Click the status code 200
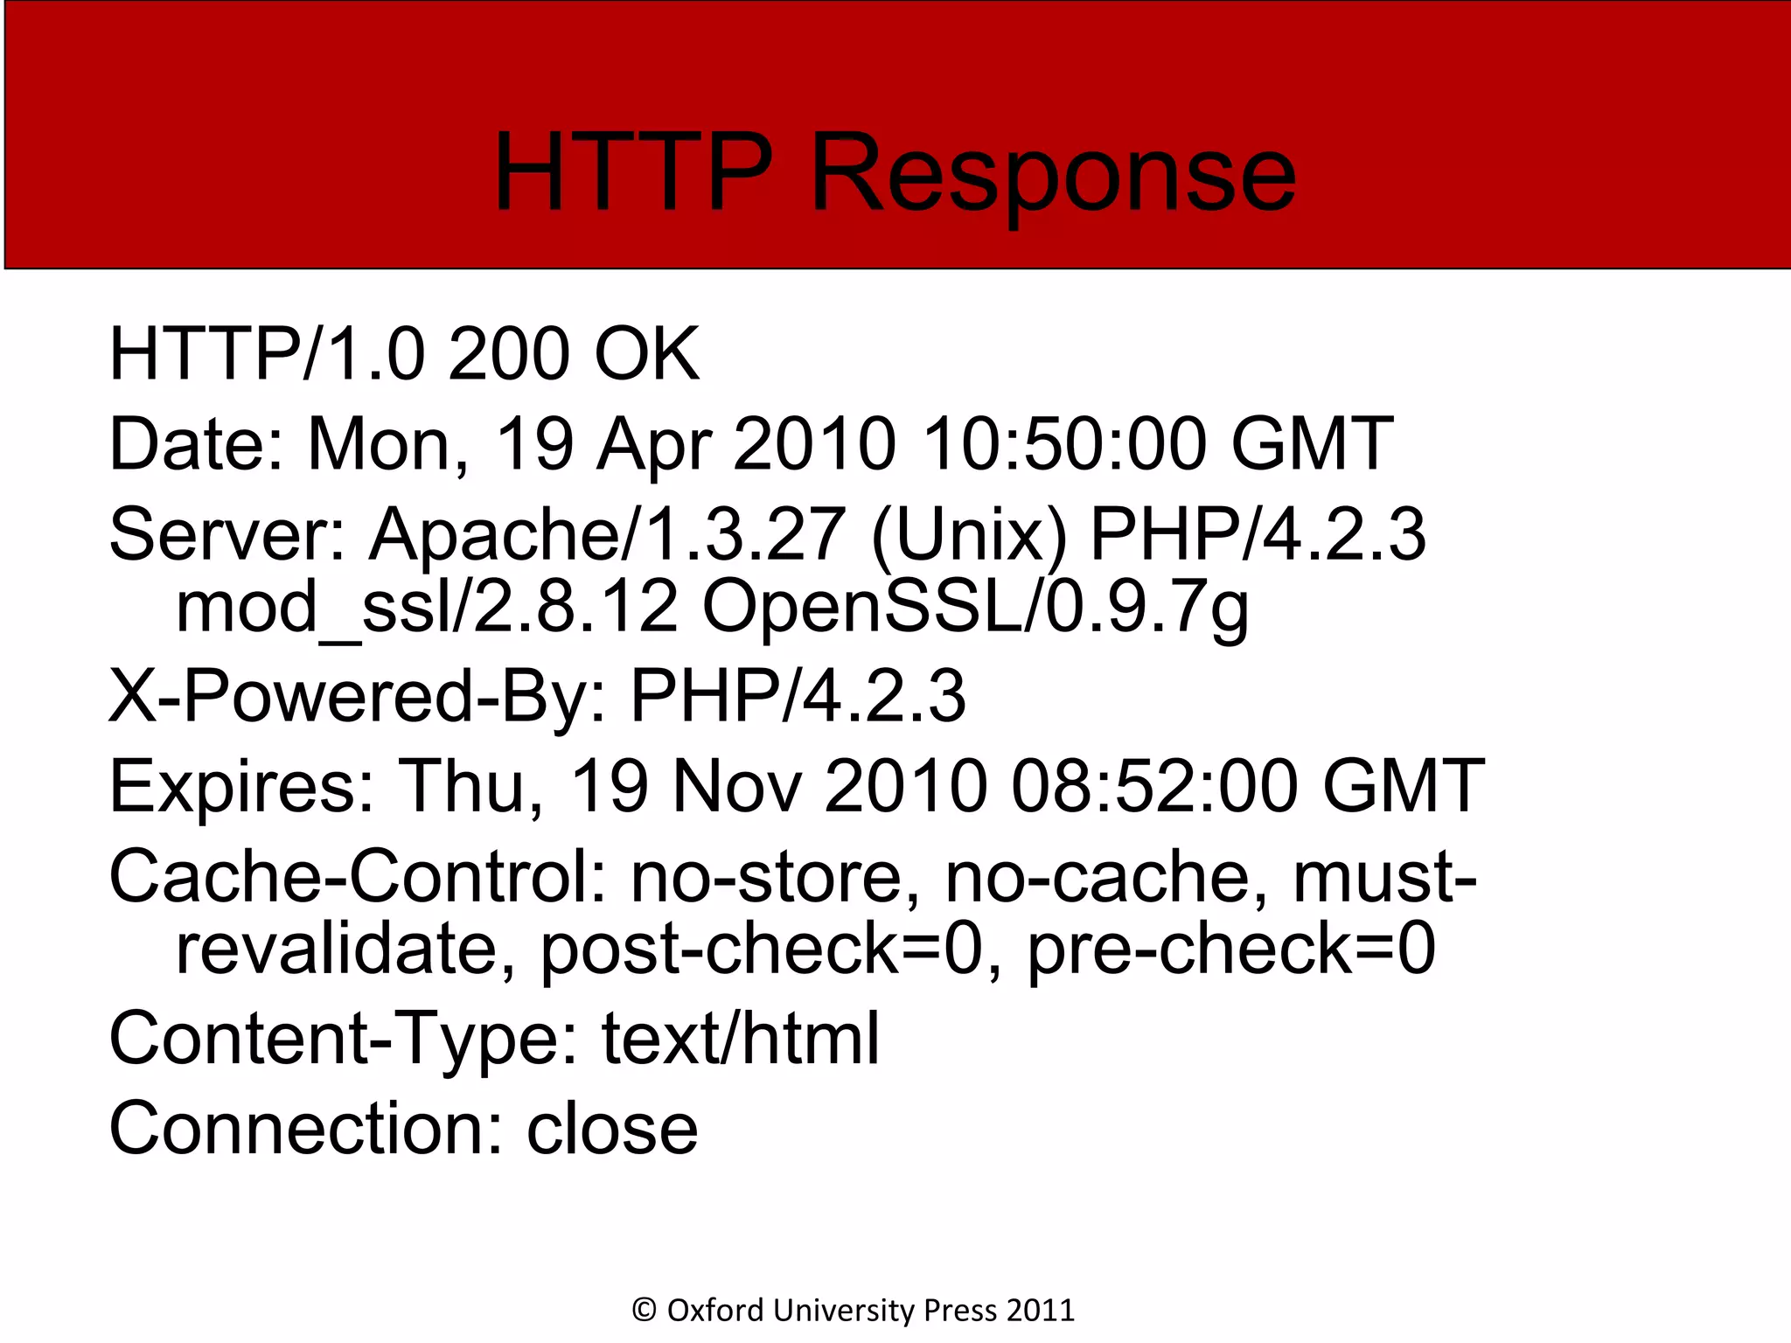[x=509, y=354]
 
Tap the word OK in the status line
[x=646, y=354]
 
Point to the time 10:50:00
[x=1066, y=444]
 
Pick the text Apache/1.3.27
[x=607, y=534]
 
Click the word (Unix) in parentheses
[x=969, y=536]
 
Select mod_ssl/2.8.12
[x=427, y=608]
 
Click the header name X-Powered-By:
[x=358, y=697]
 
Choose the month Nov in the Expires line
[x=736, y=787]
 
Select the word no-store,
[x=777, y=877]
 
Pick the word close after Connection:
[x=612, y=1129]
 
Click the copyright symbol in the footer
[x=644, y=1310]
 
